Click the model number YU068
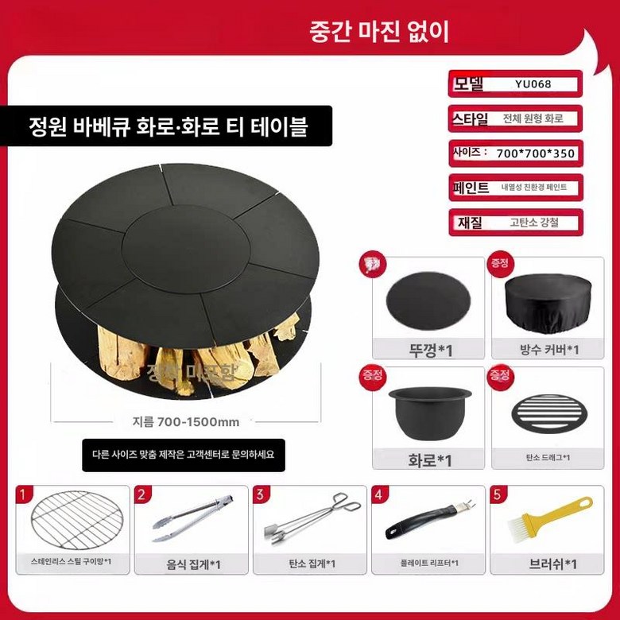533,83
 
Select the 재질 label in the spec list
470,223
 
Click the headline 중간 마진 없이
380,31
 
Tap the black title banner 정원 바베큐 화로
168,126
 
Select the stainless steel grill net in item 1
72,525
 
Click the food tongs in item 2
192,518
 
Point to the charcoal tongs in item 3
308,521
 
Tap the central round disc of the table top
180,243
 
